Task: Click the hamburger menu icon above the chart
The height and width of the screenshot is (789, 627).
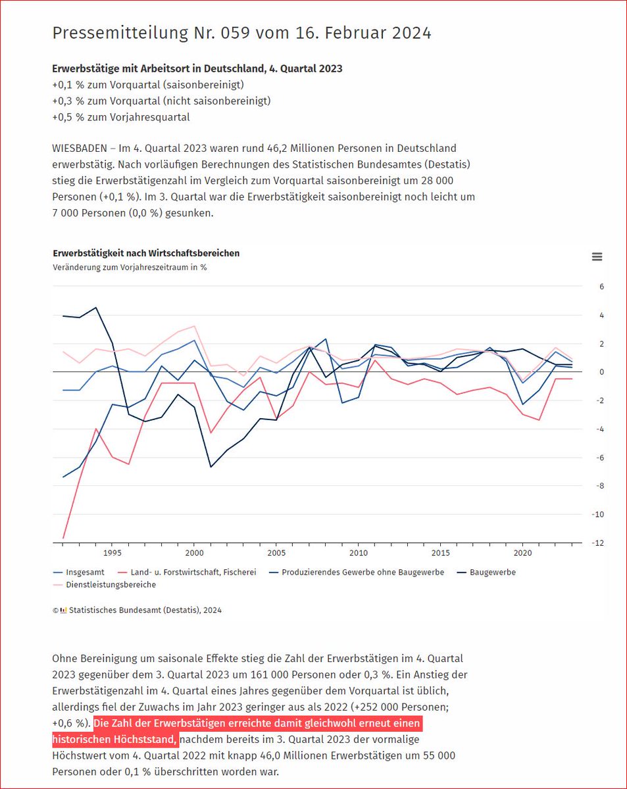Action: click(597, 257)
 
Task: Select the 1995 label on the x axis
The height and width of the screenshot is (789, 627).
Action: click(111, 552)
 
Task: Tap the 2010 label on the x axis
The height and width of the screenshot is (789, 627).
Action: click(358, 552)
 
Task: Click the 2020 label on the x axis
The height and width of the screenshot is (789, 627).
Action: click(522, 552)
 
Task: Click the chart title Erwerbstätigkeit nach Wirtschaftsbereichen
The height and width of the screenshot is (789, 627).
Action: click(146, 253)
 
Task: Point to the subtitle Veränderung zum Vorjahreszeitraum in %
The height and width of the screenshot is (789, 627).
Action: click(130, 268)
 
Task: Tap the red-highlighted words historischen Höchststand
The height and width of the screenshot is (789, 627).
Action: click(114, 739)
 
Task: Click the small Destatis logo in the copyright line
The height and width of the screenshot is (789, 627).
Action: click(63, 610)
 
